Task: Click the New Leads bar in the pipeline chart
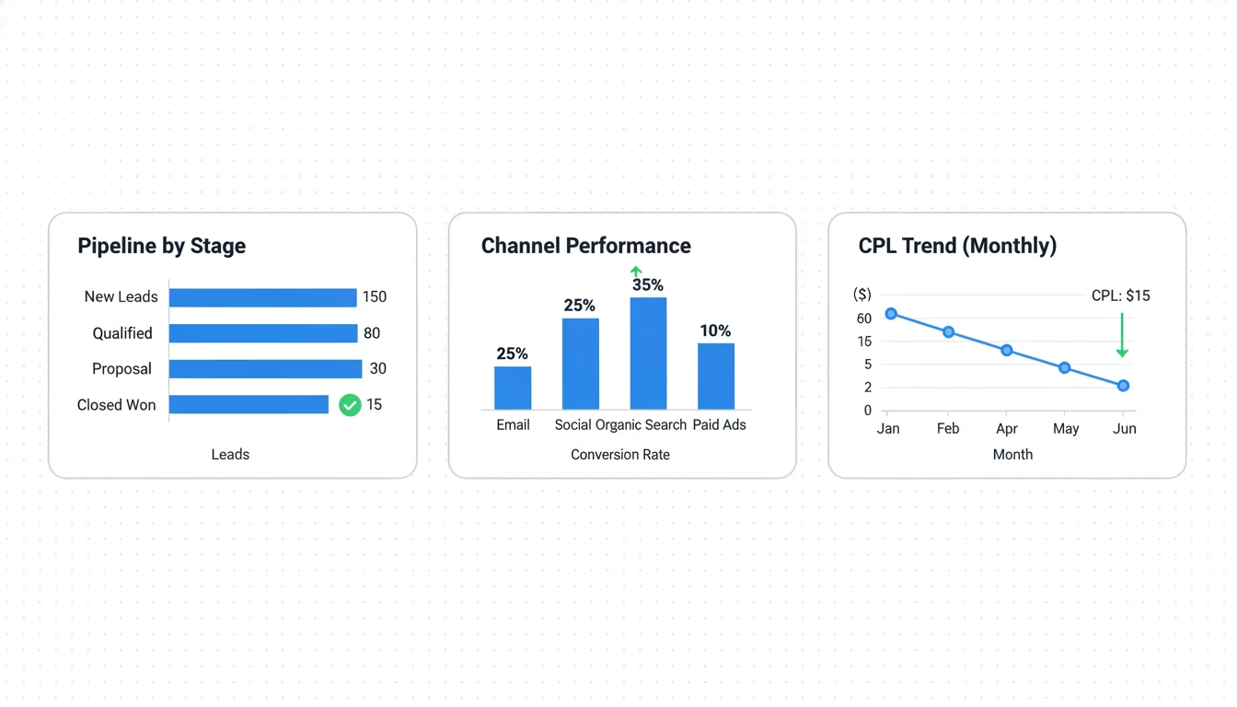coord(262,297)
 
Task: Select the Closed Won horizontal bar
coord(249,405)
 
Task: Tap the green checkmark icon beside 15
coord(350,405)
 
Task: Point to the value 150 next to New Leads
coord(375,297)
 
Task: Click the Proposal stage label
coord(121,369)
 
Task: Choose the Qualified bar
coord(262,333)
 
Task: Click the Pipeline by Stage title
coord(161,246)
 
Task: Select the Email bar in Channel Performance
coord(513,388)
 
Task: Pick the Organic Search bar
coord(648,353)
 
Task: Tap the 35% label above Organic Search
coord(648,285)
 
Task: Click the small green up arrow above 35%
coord(636,272)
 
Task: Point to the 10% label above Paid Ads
coord(715,331)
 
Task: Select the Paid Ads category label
coord(719,425)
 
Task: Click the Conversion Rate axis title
coord(620,455)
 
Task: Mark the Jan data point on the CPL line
coord(891,314)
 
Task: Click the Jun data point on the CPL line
coord(1123,386)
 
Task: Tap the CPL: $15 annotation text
coord(1120,296)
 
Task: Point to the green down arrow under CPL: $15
coord(1122,336)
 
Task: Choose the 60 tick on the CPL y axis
coord(864,319)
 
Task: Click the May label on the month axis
coord(1066,429)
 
